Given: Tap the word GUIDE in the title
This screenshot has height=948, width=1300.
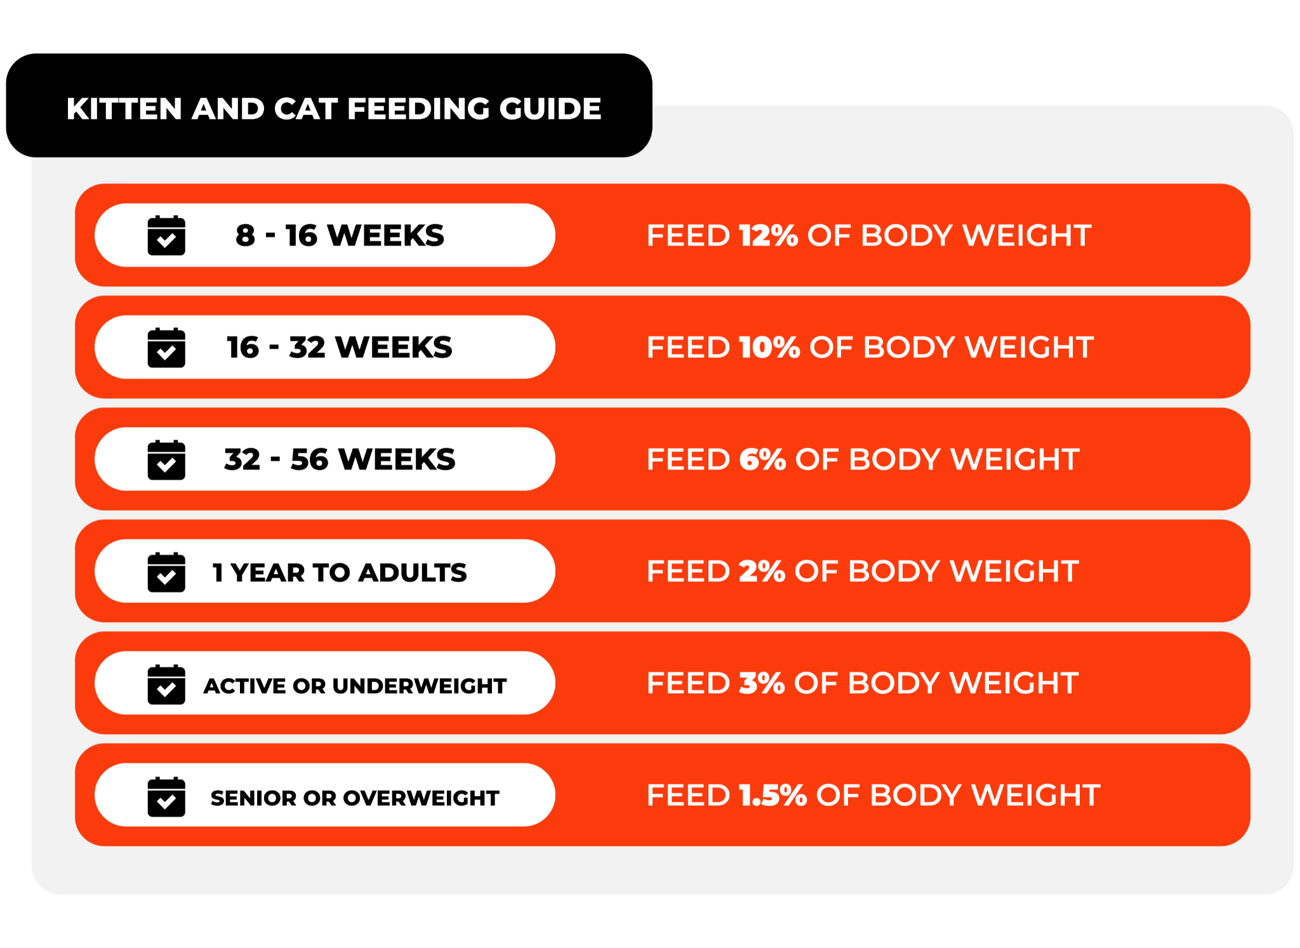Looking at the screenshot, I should pyautogui.click(x=550, y=109).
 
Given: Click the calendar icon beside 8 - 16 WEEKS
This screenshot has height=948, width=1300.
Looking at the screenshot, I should pyautogui.click(x=166, y=235).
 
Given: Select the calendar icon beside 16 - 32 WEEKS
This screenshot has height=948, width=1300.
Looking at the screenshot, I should pyautogui.click(x=166, y=348).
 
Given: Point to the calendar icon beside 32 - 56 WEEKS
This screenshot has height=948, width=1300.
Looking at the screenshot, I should pyautogui.click(x=166, y=459).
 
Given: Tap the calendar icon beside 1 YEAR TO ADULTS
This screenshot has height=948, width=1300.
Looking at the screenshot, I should pyautogui.click(x=166, y=572).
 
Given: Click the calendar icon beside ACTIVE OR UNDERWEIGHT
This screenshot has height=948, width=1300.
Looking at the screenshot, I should pyautogui.click(x=166, y=684).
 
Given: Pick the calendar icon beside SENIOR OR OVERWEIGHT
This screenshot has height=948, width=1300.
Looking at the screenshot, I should pyautogui.click(x=166, y=796).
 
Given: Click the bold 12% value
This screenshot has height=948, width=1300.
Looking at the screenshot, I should pyautogui.click(x=768, y=235).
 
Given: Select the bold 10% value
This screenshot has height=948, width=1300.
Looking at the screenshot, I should pyautogui.click(x=769, y=348).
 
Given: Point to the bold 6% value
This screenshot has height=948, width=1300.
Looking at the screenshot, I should pyautogui.click(x=762, y=459).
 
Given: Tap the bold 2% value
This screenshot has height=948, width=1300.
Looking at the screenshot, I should pyautogui.click(x=762, y=572).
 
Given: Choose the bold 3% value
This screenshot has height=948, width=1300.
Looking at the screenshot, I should pyautogui.click(x=762, y=683).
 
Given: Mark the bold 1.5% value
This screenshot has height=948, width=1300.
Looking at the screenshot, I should pyautogui.click(x=773, y=796).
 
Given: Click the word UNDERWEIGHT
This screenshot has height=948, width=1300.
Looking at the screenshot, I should pyautogui.click(x=419, y=686).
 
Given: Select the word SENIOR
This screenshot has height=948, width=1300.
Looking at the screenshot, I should pyautogui.click(x=253, y=798).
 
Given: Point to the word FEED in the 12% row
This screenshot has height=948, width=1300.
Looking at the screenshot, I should pyautogui.click(x=688, y=235).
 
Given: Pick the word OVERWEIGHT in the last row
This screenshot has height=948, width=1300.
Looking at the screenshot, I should pyautogui.click(x=421, y=798).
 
